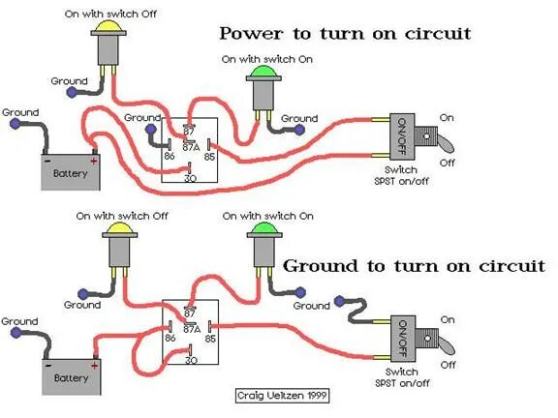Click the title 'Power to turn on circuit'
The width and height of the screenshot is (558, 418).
point(345,34)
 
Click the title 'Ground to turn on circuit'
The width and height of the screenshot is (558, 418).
point(414,265)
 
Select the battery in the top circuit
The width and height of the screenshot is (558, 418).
point(71,171)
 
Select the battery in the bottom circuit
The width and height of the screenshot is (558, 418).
point(71,374)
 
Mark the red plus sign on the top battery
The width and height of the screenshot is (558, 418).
point(94,160)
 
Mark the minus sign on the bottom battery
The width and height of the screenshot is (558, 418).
point(46,363)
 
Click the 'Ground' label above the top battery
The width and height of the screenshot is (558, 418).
point(20,112)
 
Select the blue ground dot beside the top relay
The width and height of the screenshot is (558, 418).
point(150,129)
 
